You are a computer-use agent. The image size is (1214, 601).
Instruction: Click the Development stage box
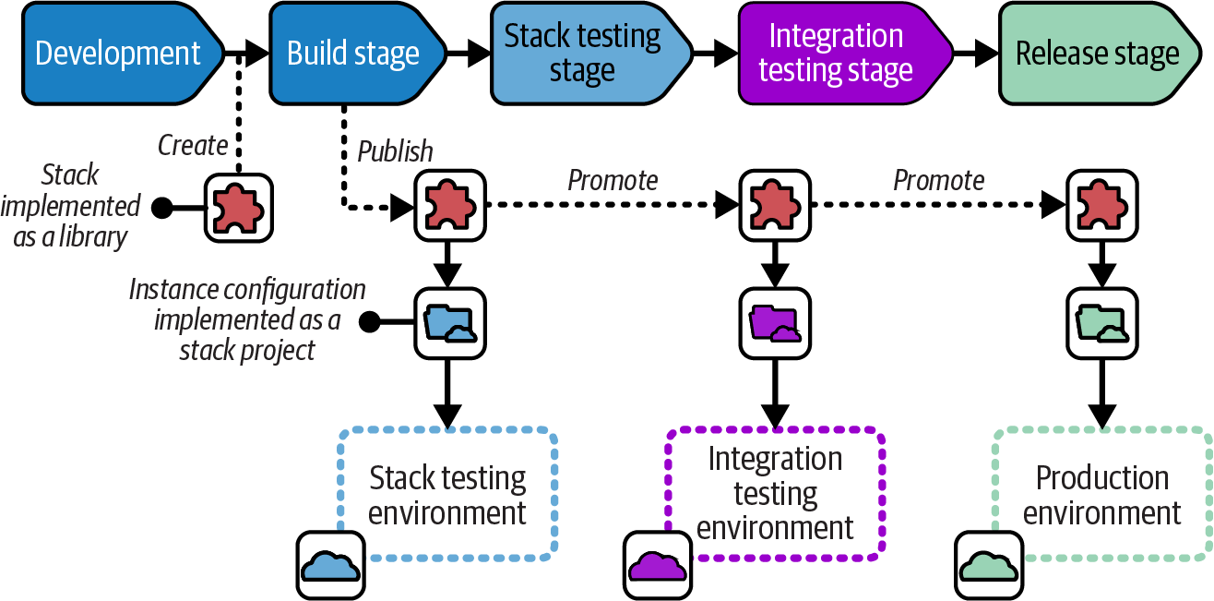pos(117,53)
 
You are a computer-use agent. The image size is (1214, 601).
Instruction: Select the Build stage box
pos(353,53)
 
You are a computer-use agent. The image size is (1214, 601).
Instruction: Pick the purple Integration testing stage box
pos(836,53)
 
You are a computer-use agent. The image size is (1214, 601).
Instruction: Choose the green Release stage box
pos(1097,53)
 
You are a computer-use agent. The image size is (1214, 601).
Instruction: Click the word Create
pos(193,145)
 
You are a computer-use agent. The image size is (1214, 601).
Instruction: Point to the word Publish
pos(395,151)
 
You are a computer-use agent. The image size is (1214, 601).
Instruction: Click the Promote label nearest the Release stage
pos(938,180)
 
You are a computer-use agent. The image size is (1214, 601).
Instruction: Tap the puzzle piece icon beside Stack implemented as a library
pos(239,208)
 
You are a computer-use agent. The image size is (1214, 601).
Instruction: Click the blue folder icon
pos(448,322)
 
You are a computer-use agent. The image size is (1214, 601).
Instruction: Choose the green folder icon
pos(1101,322)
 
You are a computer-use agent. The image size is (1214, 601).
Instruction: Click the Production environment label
pos(1102,495)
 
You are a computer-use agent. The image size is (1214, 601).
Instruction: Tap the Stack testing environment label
pos(447,495)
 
